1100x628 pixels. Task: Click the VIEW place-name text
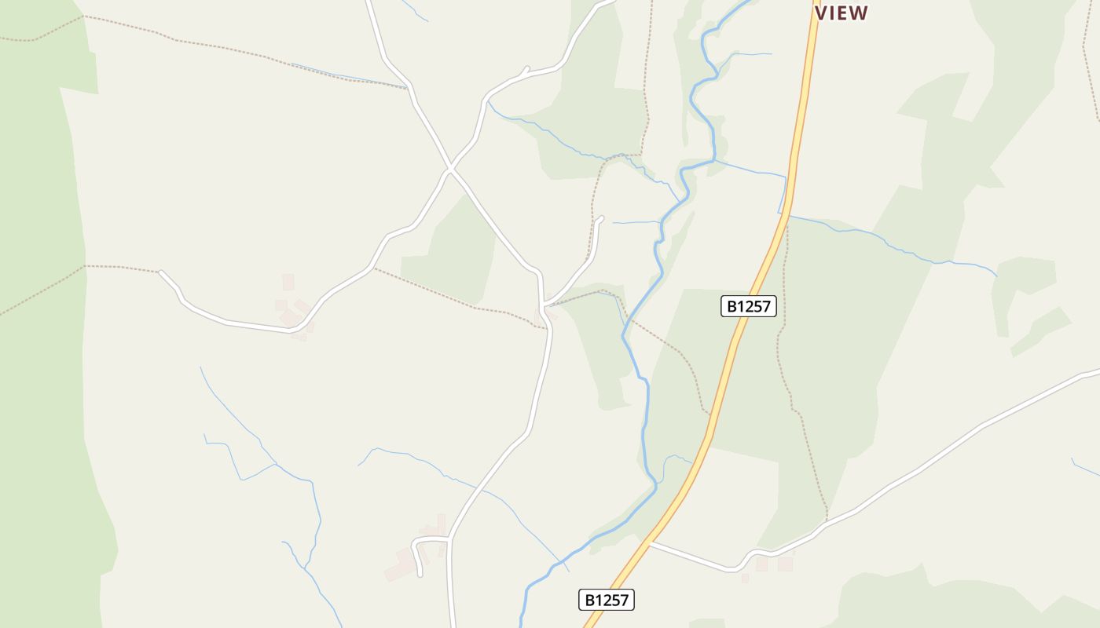[x=841, y=13]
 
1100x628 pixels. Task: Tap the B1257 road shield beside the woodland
[x=748, y=306]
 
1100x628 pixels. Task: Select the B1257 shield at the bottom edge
[x=607, y=600]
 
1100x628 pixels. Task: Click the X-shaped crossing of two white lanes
[x=449, y=169]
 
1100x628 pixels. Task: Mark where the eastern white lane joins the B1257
[x=649, y=542]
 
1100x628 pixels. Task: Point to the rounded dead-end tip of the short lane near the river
[x=601, y=218]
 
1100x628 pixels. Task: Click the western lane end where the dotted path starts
[x=160, y=272]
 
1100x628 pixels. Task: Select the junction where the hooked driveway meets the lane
[x=449, y=539]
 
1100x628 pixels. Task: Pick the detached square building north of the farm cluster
[x=288, y=282]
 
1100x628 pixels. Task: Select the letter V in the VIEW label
[x=822, y=13]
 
